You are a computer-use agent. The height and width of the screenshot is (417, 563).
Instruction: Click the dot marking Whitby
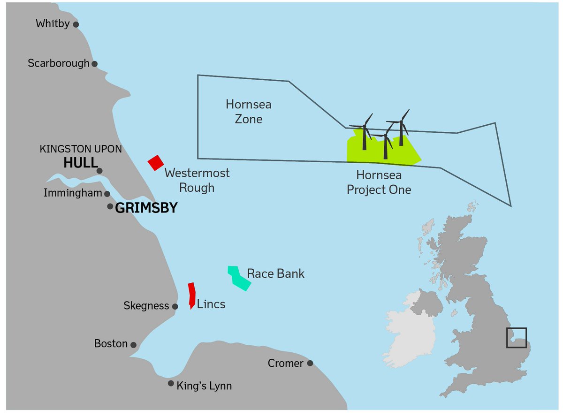[x=76, y=24]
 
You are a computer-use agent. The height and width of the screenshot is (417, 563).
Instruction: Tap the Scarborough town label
[x=58, y=63]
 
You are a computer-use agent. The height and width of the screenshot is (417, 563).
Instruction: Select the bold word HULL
[x=80, y=163]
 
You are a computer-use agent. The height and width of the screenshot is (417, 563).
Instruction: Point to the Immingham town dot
[x=107, y=194]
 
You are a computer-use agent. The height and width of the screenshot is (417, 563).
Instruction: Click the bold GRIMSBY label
[x=146, y=208]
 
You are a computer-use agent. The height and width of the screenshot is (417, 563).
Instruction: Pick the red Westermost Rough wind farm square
[x=155, y=163]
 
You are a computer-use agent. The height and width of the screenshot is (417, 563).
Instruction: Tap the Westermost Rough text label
[x=197, y=180]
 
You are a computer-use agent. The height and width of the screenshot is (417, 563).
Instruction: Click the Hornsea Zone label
[x=249, y=111]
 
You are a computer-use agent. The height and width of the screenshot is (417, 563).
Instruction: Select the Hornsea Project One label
[x=379, y=182]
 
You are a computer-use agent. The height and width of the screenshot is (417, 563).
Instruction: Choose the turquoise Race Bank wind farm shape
[x=239, y=278]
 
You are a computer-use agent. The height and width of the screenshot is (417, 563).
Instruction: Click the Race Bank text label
[x=275, y=273]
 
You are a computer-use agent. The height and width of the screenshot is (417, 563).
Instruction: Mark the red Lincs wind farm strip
[x=191, y=295]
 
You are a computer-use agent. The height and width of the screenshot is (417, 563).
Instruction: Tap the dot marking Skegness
[x=175, y=306]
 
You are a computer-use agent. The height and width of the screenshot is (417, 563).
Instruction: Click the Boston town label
[x=111, y=344]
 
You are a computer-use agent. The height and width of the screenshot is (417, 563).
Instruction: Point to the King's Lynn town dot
[x=171, y=383]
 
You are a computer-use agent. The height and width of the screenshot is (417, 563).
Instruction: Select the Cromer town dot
[x=310, y=363]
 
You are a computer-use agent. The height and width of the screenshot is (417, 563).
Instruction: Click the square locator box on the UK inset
[x=516, y=337]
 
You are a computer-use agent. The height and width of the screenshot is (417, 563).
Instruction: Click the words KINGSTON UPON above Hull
[x=81, y=149]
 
